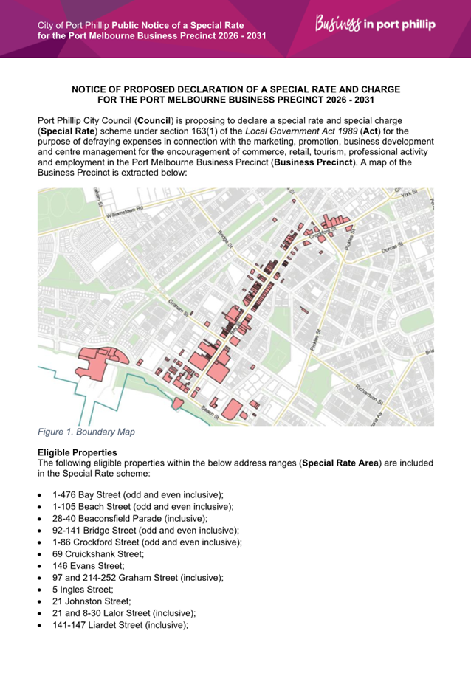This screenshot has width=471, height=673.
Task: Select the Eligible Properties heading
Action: pyautogui.click(x=79, y=452)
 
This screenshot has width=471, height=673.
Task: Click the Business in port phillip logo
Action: pyautogui.click(x=375, y=25)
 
